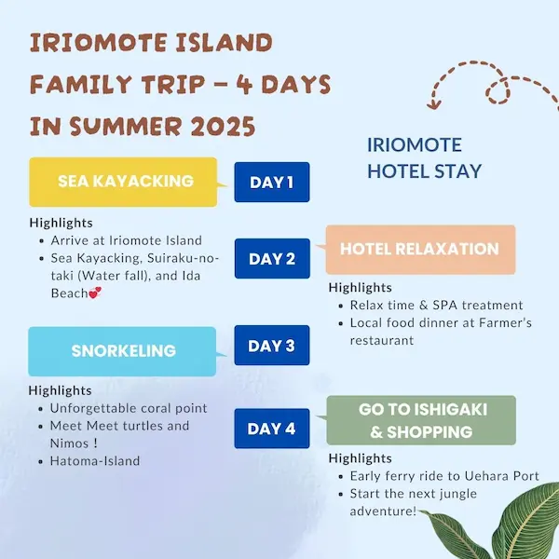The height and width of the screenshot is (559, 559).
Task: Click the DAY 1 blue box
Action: click(x=272, y=183)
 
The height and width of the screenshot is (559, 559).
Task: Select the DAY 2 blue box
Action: click(x=272, y=258)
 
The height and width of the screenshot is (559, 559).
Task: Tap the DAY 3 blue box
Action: click(x=272, y=345)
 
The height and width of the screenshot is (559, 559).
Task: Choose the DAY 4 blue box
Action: click(x=272, y=429)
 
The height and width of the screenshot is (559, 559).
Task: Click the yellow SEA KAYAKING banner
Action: click(x=123, y=182)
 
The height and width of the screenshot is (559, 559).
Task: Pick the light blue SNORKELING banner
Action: click(x=122, y=351)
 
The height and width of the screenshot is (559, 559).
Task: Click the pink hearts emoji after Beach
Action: click(x=95, y=293)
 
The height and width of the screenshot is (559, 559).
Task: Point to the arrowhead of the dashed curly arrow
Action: click(x=434, y=104)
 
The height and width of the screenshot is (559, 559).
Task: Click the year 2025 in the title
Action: click(x=223, y=126)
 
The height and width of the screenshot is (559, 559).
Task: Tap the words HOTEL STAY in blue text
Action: click(x=424, y=171)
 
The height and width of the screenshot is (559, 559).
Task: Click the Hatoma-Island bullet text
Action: click(x=95, y=460)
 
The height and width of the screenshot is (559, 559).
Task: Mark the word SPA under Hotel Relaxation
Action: click(x=445, y=305)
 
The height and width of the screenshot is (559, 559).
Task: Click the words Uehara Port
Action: click(x=501, y=476)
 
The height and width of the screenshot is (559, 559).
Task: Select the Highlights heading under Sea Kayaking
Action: click(x=61, y=223)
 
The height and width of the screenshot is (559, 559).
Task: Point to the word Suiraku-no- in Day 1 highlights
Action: click(x=183, y=258)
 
